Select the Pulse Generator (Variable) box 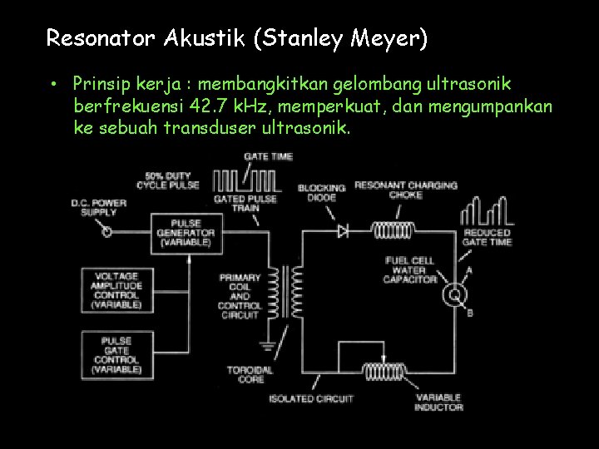click(x=186, y=233)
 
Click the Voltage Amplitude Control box click(x=116, y=290)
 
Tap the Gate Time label click(x=268, y=156)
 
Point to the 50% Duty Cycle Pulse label click(x=171, y=180)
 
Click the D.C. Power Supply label click(x=99, y=207)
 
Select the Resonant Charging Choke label click(x=406, y=190)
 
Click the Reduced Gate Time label click(x=487, y=238)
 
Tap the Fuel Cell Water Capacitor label click(x=410, y=270)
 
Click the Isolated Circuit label click(x=310, y=399)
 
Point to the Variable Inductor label click(x=439, y=402)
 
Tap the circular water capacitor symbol click(x=454, y=294)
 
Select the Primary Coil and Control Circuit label click(x=240, y=296)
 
